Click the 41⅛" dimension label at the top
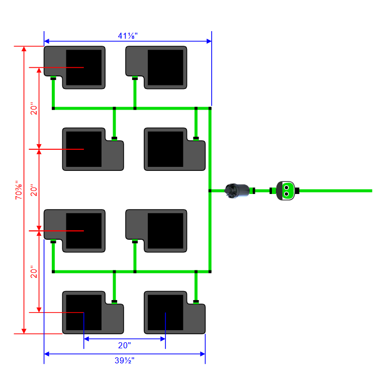point(128,36)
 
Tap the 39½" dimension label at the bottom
point(125,361)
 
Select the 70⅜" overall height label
point(19,190)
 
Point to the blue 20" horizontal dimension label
point(125,345)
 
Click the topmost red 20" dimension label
point(34,109)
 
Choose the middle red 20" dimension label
point(34,190)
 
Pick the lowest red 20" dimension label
point(34,272)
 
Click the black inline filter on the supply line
point(238,190)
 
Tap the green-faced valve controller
point(285,190)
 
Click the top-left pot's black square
point(83,67)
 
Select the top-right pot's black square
point(165,67)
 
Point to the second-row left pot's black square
point(84,149)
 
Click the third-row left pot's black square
point(83,231)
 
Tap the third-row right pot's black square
point(165,231)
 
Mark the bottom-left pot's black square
point(84,313)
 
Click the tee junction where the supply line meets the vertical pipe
point(210,190)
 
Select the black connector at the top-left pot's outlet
point(53,78)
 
